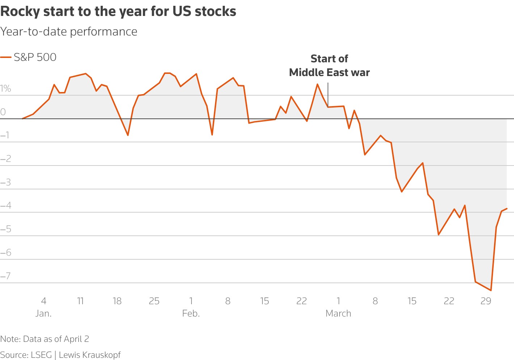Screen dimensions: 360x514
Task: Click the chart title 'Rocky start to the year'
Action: (x=118, y=12)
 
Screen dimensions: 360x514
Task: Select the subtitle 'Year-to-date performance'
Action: (x=69, y=32)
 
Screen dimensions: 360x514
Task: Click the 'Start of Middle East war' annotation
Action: (x=329, y=66)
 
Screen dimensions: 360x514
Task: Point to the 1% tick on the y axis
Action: (x=5, y=89)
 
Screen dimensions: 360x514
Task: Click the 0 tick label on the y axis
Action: (x=3, y=112)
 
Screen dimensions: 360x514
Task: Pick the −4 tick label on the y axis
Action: (x=6, y=206)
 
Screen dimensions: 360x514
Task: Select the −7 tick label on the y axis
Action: (x=6, y=276)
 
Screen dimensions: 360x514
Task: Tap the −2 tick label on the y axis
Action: (x=6, y=159)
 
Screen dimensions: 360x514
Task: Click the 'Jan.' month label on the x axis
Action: (x=43, y=313)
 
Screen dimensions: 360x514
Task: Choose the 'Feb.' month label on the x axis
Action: (x=191, y=313)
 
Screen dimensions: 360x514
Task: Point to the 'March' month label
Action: (x=338, y=313)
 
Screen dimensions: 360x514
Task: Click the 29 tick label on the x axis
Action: (x=486, y=301)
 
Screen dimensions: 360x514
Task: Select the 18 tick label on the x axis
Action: (x=117, y=301)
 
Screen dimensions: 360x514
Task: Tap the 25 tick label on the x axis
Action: (x=154, y=301)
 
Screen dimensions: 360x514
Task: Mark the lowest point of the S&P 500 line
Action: (x=491, y=290)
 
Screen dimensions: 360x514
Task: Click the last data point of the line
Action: (x=507, y=209)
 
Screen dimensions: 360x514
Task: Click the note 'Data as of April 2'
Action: (x=45, y=339)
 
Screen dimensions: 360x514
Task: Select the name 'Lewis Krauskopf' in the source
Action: (x=89, y=355)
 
